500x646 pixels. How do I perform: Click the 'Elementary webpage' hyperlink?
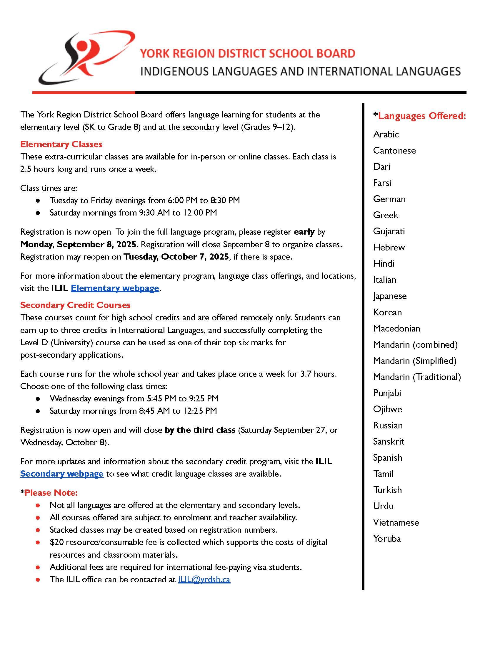(115, 288)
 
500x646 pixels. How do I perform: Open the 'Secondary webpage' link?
(61, 474)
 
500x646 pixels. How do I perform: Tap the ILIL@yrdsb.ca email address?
(204, 579)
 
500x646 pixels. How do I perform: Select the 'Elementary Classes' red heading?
(61, 144)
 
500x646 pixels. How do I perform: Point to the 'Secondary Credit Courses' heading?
(75, 305)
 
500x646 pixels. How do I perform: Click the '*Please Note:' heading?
(49, 492)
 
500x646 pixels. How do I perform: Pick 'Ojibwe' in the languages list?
(387, 409)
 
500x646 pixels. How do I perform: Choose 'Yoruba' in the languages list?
(386, 538)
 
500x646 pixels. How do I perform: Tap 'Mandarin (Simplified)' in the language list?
(414, 361)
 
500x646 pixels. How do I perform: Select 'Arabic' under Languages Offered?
(386, 134)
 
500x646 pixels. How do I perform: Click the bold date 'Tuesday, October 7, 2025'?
(176, 256)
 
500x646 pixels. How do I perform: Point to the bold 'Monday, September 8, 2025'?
(78, 244)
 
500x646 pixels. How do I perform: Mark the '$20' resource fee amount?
(56, 542)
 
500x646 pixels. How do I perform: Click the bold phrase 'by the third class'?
(200, 430)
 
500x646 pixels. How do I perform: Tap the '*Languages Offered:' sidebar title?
(419, 116)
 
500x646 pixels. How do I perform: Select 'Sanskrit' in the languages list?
(388, 441)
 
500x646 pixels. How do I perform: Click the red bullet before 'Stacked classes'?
(38, 530)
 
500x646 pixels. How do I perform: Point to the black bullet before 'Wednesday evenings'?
(38, 399)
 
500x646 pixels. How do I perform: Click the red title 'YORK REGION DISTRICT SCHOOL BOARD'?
(247, 53)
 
